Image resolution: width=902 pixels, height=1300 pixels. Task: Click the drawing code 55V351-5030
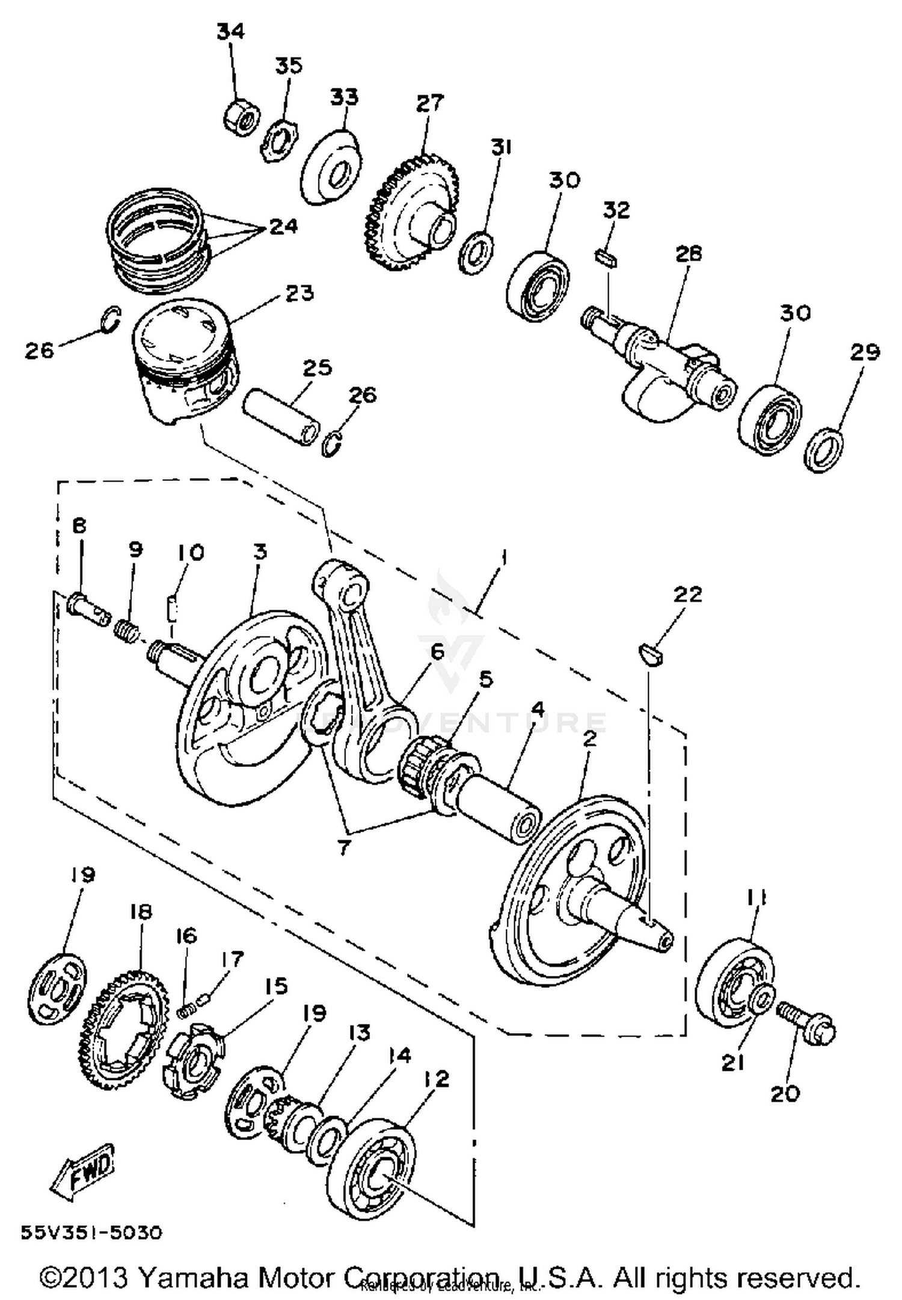(91, 1233)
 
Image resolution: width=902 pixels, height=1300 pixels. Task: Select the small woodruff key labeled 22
(650, 654)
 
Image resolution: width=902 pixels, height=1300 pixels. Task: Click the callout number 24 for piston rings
(283, 227)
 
